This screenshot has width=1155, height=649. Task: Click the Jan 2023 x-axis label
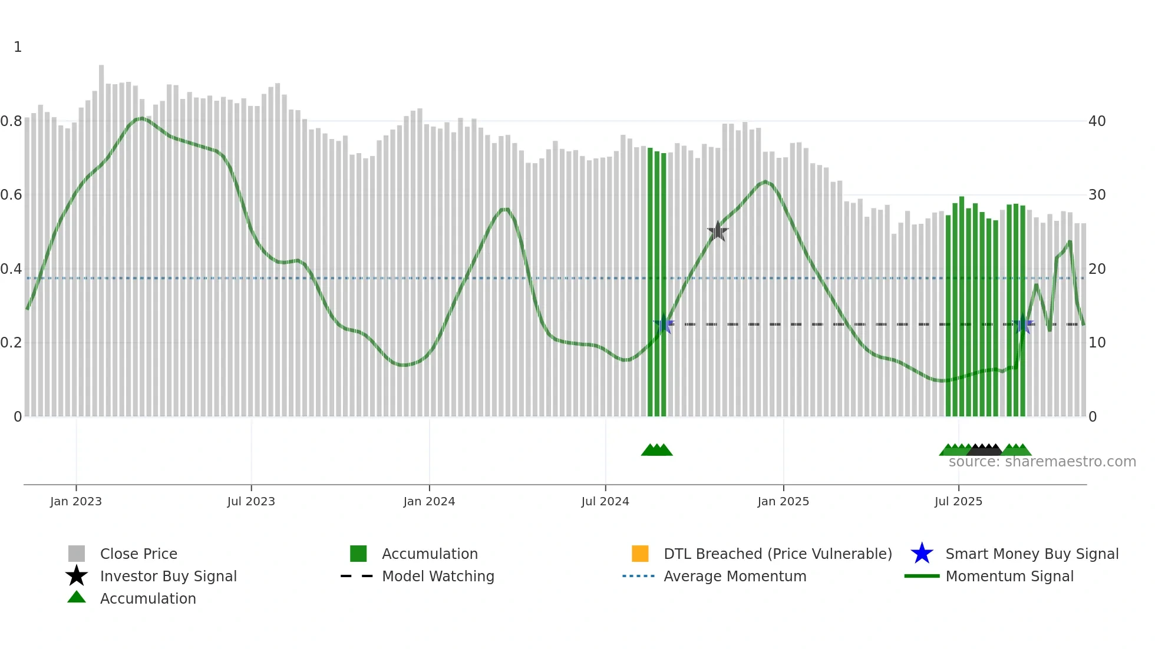[76, 501]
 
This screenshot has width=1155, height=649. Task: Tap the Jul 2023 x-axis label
[251, 501]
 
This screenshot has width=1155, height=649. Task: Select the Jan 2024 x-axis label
[429, 501]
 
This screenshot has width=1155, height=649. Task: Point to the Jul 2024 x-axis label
[605, 501]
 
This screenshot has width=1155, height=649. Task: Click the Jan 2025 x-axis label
[783, 501]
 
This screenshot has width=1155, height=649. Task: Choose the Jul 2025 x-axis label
[958, 501]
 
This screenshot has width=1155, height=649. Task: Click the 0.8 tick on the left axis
[11, 121]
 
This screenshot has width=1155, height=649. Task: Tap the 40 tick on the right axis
[1097, 121]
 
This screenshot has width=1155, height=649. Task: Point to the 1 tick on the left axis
[18, 47]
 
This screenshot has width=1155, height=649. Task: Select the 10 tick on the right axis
[1097, 343]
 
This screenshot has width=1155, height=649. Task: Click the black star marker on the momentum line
[718, 231]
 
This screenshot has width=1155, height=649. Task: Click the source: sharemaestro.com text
[1042, 462]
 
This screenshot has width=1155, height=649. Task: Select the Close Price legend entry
[138, 554]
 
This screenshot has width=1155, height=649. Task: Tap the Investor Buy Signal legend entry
[168, 576]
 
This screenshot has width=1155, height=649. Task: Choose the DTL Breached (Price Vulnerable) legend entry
[777, 554]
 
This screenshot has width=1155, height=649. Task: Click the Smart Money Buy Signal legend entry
[1031, 554]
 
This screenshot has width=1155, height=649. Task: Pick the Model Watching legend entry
[438, 576]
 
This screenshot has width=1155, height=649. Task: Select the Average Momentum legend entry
[735, 576]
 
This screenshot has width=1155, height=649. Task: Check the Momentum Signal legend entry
[1009, 576]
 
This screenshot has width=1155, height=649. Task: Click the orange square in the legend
[640, 554]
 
